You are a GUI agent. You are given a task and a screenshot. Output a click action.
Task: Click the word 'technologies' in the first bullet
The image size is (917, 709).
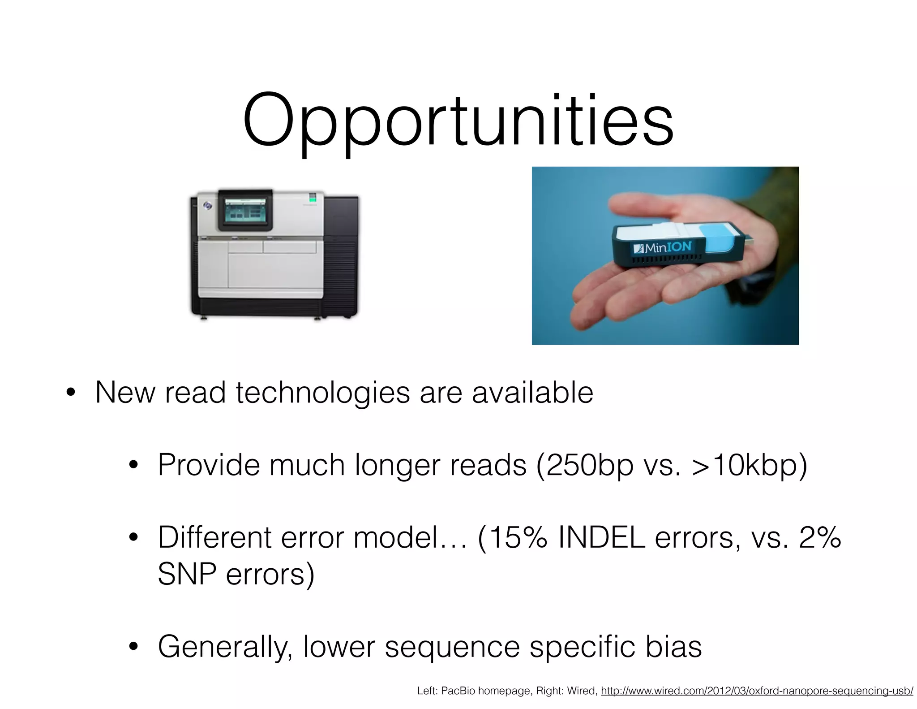322,393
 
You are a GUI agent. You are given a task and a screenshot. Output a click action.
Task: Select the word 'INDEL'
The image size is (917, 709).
601,538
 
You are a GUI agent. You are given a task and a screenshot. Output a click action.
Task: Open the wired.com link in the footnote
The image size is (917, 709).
757,691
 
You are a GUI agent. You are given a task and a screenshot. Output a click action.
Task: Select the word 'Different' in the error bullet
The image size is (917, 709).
214,538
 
